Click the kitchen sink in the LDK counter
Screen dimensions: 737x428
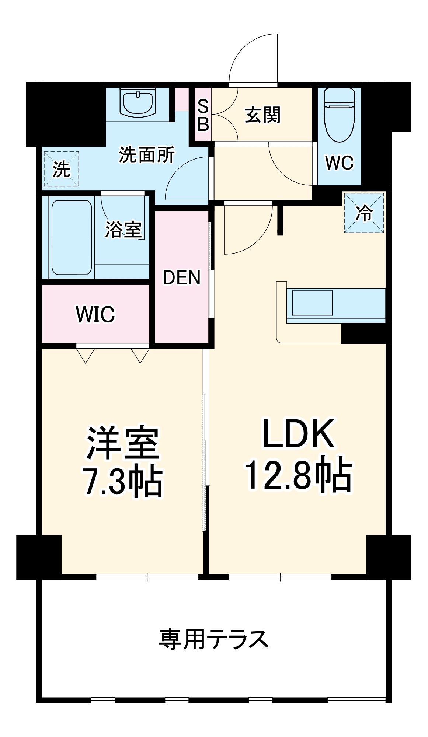(x=312, y=303)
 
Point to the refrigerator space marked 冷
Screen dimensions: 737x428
(x=364, y=213)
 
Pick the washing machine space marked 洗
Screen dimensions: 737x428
(x=61, y=169)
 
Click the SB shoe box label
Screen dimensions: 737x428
(x=203, y=115)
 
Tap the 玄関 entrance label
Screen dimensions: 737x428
(x=262, y=115)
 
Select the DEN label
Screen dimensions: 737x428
(x=181, y=277)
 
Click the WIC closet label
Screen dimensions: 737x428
(x=95, y=314)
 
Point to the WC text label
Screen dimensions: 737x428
(x=339, y=163)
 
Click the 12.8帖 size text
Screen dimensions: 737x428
(x=299, y=475)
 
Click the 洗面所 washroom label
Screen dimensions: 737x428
(x=146, y=155)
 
